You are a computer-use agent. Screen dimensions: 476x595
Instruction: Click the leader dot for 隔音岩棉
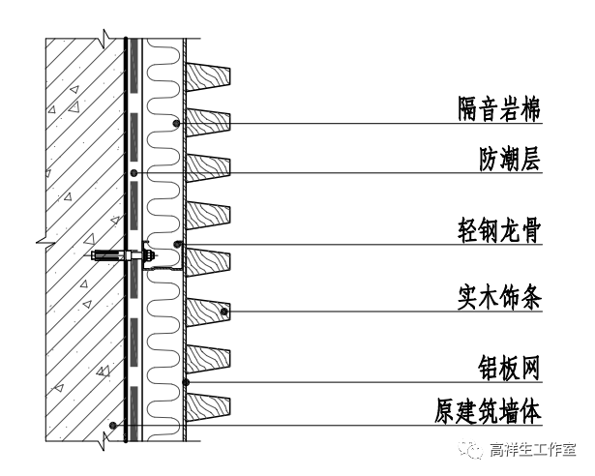[175, 123]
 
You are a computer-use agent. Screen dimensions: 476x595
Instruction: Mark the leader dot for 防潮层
[134, 172]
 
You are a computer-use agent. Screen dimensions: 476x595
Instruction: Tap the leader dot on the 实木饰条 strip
[224, 312]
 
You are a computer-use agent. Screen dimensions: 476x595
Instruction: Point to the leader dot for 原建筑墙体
[113, 426]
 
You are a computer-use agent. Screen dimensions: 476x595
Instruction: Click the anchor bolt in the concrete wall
[120, 256]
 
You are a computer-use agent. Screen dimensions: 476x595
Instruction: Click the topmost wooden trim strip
[208, 75]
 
